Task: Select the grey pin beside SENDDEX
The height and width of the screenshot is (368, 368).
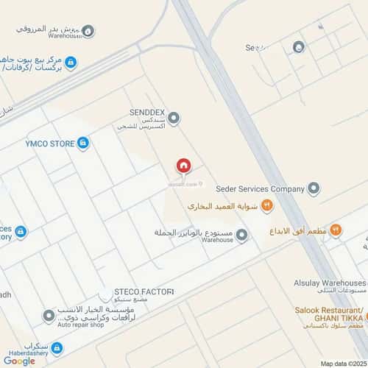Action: pyautogui.click(x=174, y=117)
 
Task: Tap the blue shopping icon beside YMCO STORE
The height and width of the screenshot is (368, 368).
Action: pyautogui.click(x=83, y=143)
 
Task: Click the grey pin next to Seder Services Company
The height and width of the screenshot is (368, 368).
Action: pyautogui.click(x=314, y=189)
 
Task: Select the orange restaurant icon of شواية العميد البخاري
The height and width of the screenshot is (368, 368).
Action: pyautogui.click(x=267, y=207)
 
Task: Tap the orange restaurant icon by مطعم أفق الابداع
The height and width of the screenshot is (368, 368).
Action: pyautogui.click(x=336, y=230)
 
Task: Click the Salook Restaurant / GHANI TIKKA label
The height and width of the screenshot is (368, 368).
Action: pyautogui.click(x=330, y=313)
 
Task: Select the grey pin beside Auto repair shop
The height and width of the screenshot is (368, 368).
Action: pyautogui.click(x=49, y=316)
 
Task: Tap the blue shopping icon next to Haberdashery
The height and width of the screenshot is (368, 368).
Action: pyautogui.click(x=57, y=348)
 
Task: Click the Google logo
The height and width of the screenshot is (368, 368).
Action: pyautogui.click(x=19, y=361)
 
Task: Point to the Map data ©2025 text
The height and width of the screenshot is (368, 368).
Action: pyautogui.click(x=342, y=363)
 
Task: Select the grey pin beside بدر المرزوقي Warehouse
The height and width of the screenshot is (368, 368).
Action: pyautogui.click(x=88, y=31)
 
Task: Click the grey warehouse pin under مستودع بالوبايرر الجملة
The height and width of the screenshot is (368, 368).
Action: pyautogui.click(x=241, y=235)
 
